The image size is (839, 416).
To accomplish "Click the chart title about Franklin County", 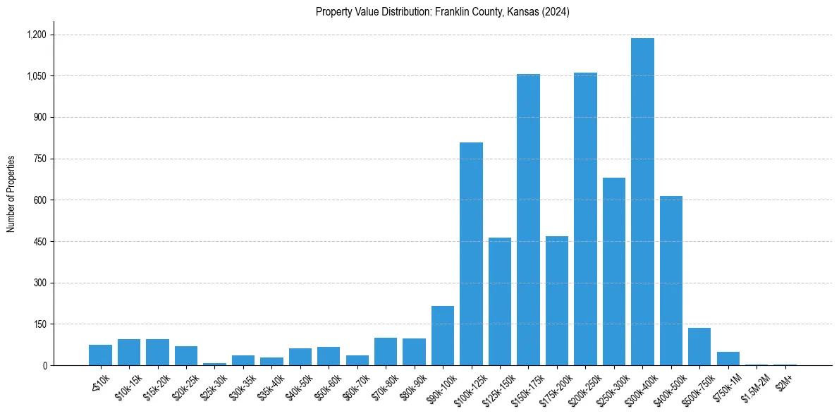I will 442,12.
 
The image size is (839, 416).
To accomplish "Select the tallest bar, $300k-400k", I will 642,202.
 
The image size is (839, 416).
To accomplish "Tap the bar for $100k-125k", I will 471,254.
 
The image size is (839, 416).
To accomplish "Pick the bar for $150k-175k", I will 528,219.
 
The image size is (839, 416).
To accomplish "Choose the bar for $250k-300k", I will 613,271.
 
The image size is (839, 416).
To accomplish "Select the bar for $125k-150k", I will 499,302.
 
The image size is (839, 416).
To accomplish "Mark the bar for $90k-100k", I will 443,336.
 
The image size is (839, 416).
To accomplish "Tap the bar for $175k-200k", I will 556,301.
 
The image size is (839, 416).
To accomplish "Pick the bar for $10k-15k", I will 129,353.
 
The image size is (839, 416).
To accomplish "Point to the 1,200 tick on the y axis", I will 36,35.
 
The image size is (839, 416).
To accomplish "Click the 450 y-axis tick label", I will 39,242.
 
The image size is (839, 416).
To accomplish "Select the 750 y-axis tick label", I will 39,159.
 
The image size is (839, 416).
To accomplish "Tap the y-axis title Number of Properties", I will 11,193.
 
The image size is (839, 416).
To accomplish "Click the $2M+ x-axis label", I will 783,383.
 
